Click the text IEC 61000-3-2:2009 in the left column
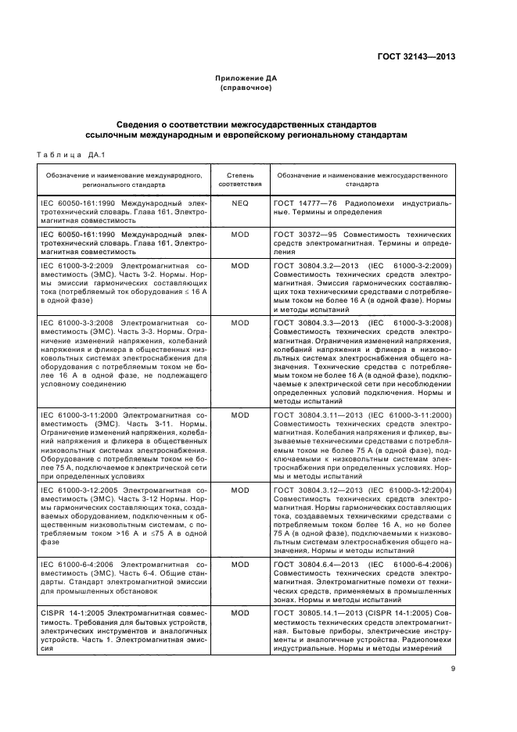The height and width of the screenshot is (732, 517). tap(74, 266)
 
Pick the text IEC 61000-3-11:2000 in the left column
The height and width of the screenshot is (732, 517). tap(77, 414)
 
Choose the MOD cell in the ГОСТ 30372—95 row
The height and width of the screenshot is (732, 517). tap(239, 233)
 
